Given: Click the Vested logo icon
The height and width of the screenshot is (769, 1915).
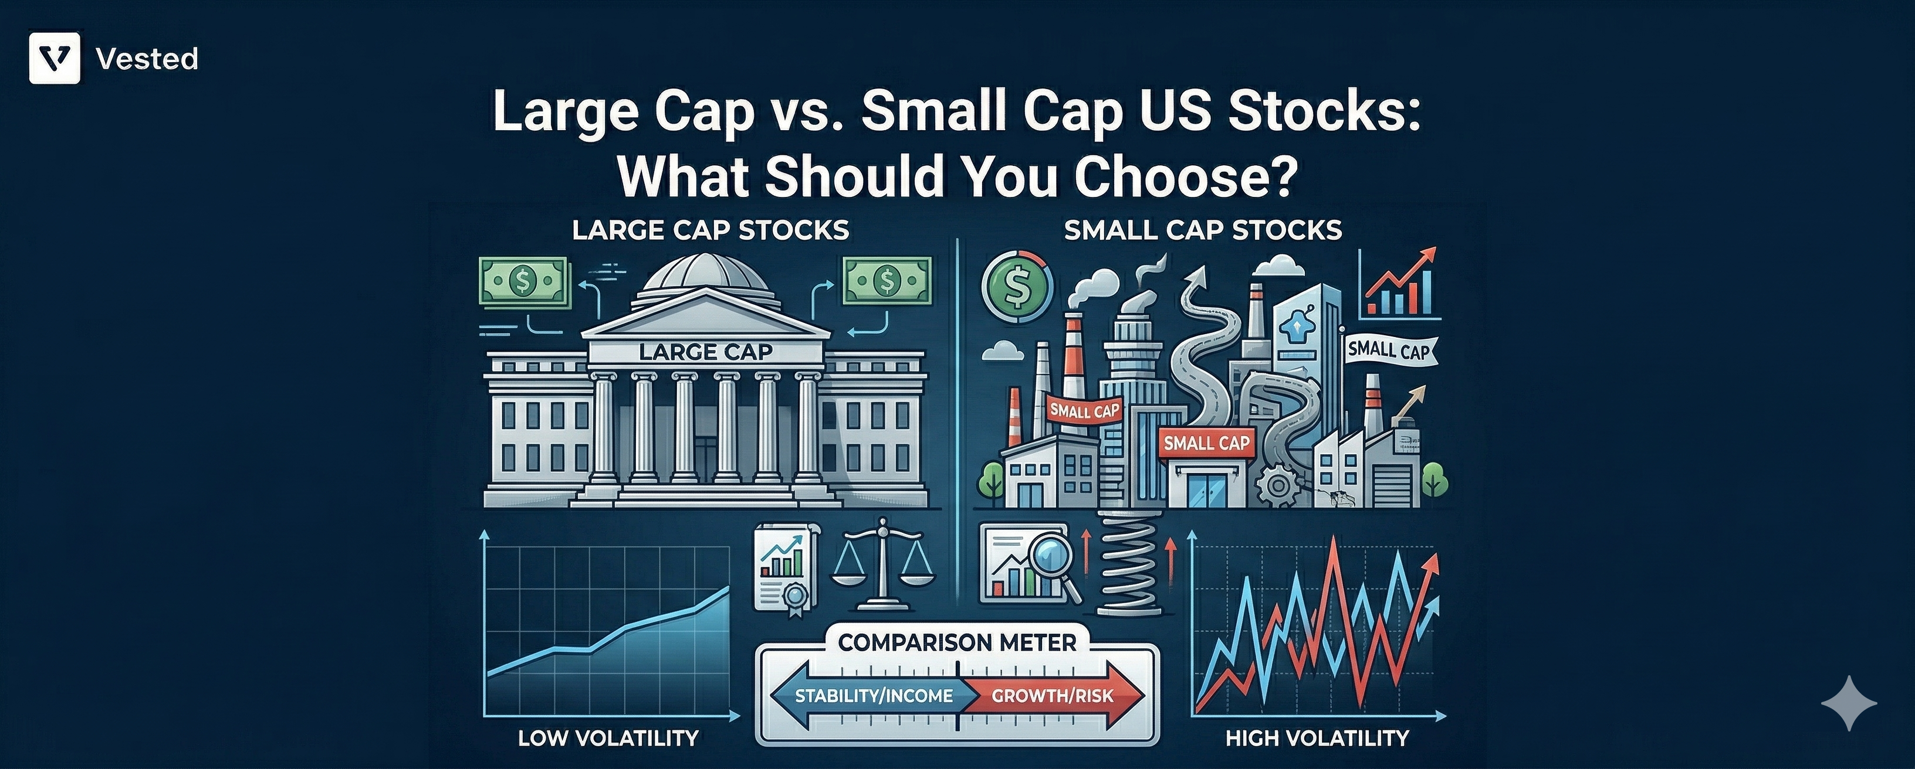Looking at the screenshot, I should (54, 58).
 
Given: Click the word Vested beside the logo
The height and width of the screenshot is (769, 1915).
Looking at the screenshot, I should (147, 59).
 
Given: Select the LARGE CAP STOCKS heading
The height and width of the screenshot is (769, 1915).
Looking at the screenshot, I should (710, 230).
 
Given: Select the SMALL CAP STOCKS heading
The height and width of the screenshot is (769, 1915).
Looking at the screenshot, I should (1203, 230).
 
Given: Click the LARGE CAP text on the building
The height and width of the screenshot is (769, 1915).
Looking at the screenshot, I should (705, 352).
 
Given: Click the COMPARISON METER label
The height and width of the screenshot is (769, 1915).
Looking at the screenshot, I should (957, 642).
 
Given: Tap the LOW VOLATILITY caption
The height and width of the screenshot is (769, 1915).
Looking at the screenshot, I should (608, 738).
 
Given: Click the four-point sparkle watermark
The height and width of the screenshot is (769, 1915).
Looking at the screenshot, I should (1848, 702).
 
